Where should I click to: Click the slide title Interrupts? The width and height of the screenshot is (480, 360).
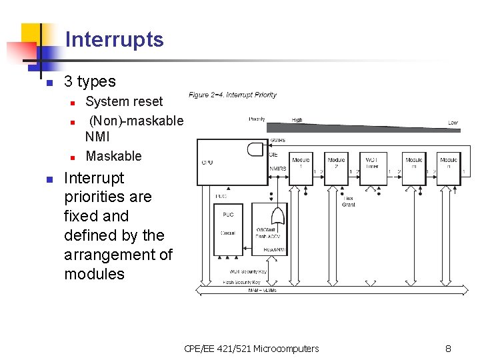pyautogui.click(x=114, y=39)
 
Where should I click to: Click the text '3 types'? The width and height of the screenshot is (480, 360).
pyautogui.click(x=89, y=81)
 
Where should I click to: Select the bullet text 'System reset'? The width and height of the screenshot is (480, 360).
pyautogui.click(x=124, y=101)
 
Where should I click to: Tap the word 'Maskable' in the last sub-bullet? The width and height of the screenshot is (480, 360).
pyautogui.click(x=113, y=156)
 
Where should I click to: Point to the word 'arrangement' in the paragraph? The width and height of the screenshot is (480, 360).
pyautogui.click(x=118, y=254)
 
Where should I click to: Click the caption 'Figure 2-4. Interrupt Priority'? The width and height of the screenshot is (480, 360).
pyautogui.click(x=233, y=95)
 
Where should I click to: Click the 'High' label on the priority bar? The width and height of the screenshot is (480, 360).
pyautogui.click(x=297, y=120)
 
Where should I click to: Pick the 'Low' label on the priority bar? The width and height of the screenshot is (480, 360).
pyautogui.click(x=453, y=123)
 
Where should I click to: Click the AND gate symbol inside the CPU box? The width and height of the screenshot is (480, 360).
pyautogui.click(x=255, y=149)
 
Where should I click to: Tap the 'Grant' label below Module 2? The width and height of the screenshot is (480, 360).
pyautogui.click(x=348, y=205)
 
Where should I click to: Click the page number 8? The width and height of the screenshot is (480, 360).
pyautogui.click(x=448, y=348)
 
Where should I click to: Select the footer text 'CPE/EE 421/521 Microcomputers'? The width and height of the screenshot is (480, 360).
pyautogui.click(x=251, y=348)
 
